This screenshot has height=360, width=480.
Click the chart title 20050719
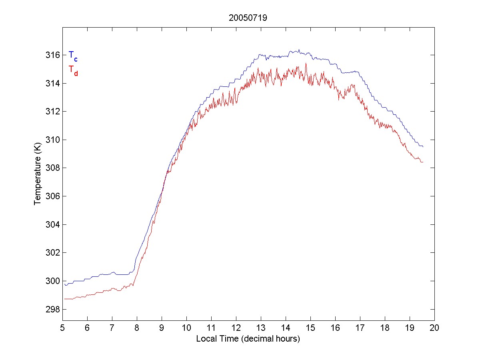[x=248, y=18]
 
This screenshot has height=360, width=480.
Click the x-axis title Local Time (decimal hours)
[x=248, y=339]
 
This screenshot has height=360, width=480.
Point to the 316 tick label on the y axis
[x=52, y=55]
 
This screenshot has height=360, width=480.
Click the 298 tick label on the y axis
[x=52, y=310]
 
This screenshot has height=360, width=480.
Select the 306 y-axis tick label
[x=52, y=196]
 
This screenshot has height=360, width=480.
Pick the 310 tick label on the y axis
[x=52, y=140]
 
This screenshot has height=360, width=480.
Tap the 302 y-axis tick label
[x=52, y=253]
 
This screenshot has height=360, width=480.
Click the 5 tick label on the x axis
[x=62, y=328]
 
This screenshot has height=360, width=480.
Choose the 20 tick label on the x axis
[x=434, y=328]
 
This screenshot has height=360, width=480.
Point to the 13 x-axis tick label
[x=261, y=328]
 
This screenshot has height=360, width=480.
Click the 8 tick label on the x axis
[x=137, y=328]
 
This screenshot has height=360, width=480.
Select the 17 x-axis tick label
[x=360, y=328]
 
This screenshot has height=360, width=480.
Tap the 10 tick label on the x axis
[x=186, y=328]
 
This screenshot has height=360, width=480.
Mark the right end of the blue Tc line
[x=423, y=147]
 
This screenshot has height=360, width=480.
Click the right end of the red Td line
[x=423, y=162]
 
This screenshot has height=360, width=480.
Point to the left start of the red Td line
[x=65, y=299]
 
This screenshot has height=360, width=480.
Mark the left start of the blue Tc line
[x=65, y=284]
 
